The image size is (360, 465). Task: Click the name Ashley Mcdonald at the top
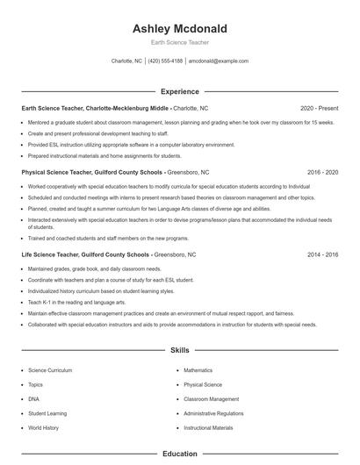pos(179,28)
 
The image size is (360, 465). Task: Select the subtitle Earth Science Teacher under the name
pos(179,42)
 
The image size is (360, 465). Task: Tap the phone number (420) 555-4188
pos(165,61)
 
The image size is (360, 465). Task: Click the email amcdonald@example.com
pos(219,61)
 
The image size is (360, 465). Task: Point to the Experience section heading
pos(179,91)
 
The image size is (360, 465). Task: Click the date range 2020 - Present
pos(319,109)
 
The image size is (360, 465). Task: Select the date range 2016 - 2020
pos(322,173)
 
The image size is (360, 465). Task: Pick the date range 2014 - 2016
pos(322,254)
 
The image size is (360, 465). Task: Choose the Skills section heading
pos(179,350)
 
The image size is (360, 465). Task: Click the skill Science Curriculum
pos(50,370)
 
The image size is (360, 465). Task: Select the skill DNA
pos(34,398)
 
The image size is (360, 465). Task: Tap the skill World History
pos(43,427)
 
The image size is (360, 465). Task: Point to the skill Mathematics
pos(198,370)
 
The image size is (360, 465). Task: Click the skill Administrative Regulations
pos(213,413)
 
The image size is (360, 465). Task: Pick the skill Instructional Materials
pos(208,427)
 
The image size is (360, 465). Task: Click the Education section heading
pos(179,454)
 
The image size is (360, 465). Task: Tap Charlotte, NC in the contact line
pos(126,61)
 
